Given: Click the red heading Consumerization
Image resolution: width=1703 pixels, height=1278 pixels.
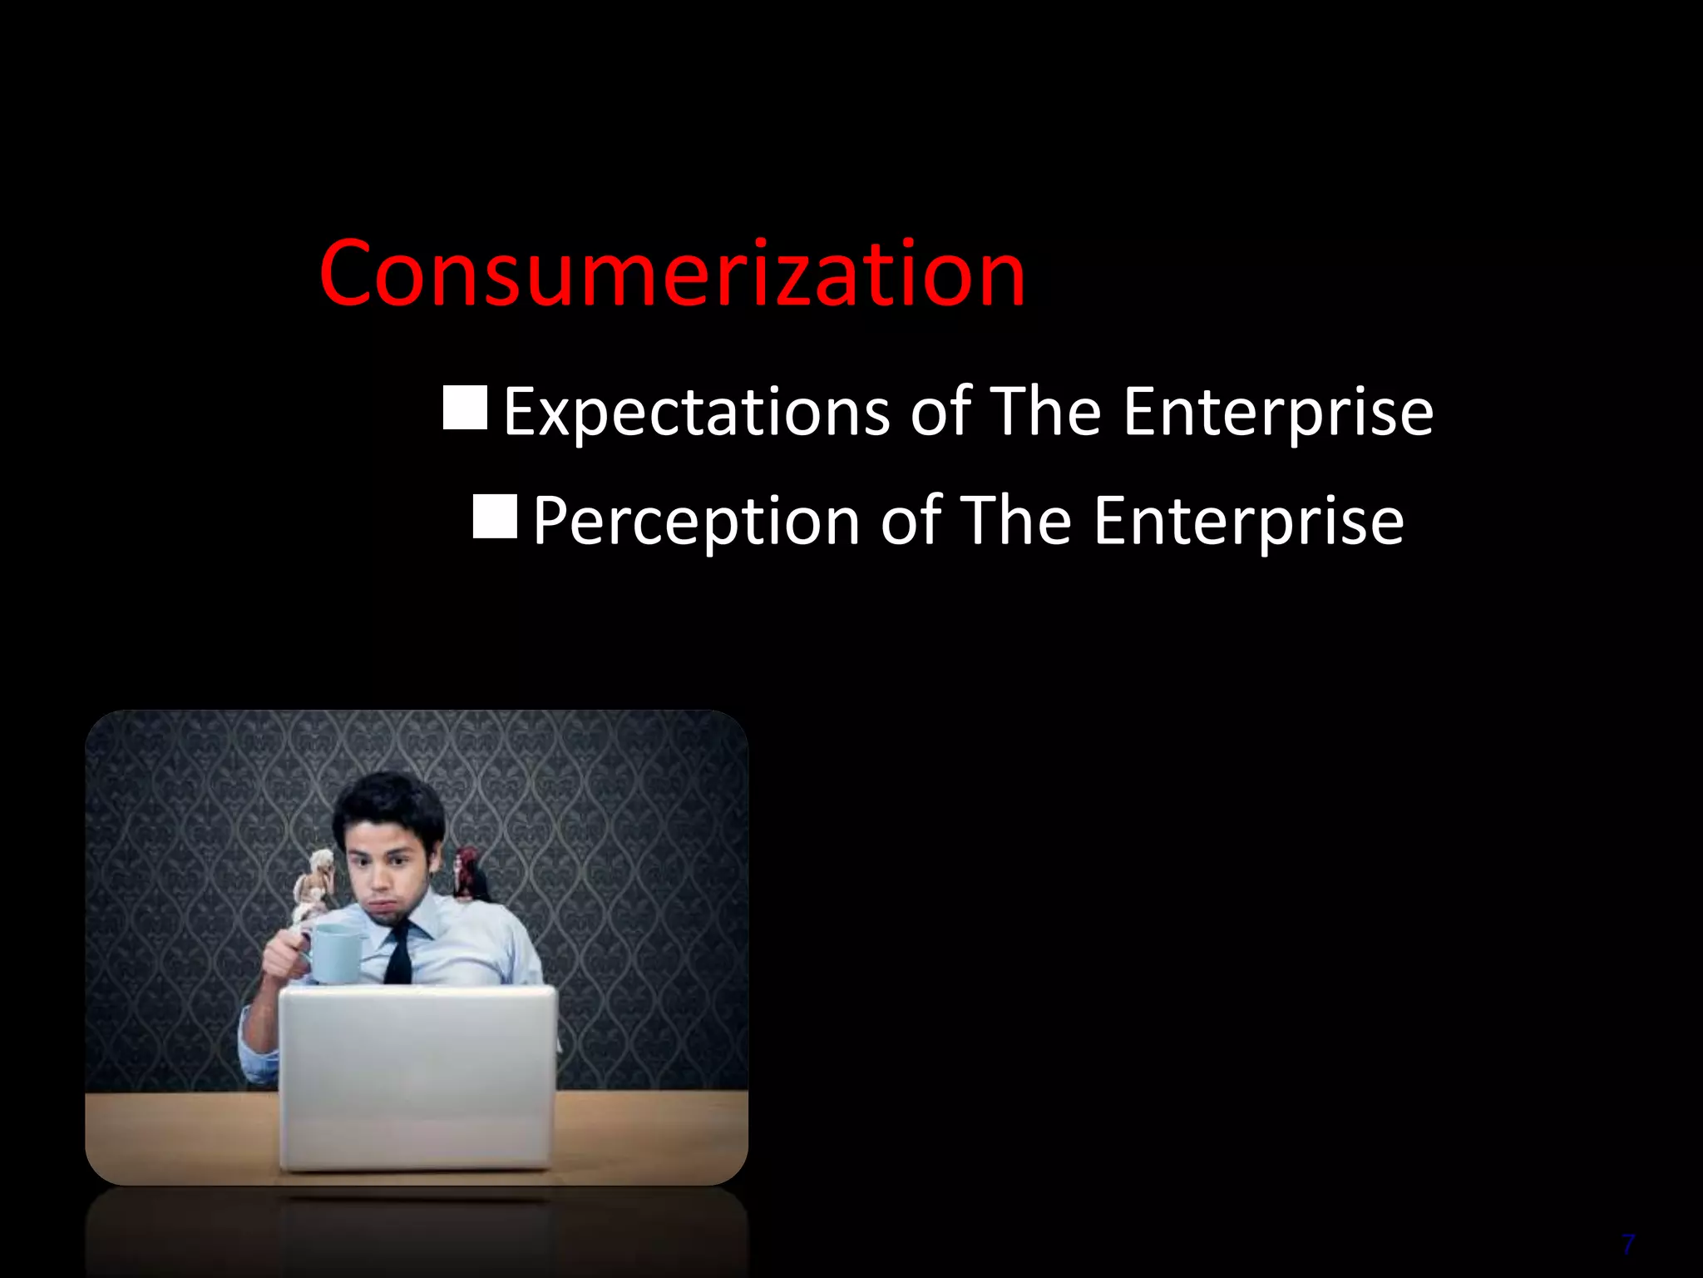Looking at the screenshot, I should pos(672,273).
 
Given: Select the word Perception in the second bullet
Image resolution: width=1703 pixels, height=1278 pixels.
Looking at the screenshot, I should pos(696,521).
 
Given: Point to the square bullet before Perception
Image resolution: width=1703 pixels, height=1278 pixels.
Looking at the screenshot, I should pos(495,516).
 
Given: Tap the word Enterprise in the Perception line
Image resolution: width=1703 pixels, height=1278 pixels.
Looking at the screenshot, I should pos(1248,521).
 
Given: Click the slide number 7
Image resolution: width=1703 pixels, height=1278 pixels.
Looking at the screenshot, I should pos(1628,1245).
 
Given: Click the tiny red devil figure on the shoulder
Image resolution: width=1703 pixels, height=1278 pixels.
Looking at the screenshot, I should pos(469,874).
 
